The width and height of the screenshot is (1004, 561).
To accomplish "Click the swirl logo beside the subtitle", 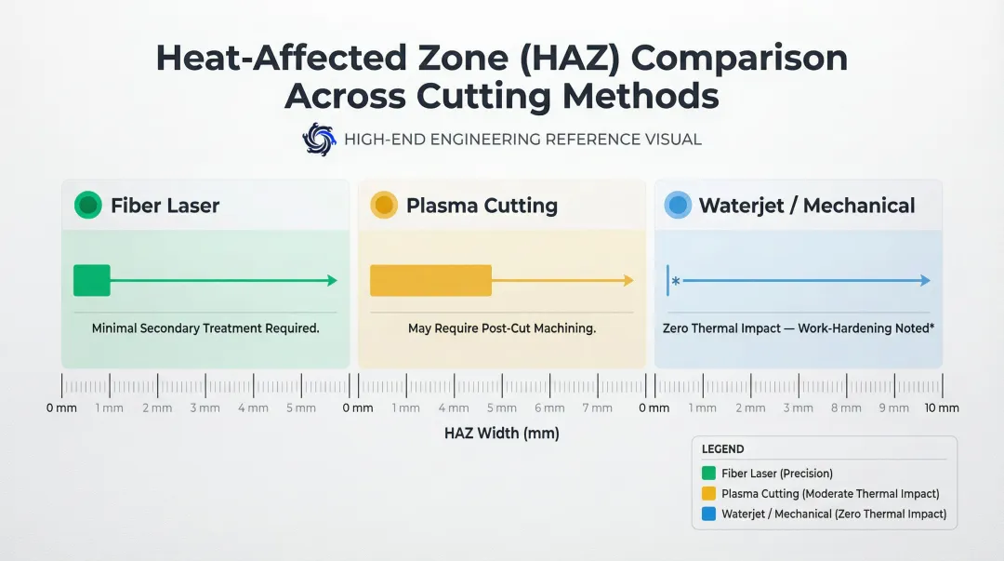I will [319, 140].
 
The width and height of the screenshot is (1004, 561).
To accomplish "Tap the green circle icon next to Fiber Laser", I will [87, 206].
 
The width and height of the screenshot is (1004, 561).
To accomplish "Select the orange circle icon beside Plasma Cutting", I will [383, 206].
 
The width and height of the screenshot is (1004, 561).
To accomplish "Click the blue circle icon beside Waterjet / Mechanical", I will [678, 206].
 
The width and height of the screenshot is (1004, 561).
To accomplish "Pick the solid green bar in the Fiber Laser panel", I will [92, 280].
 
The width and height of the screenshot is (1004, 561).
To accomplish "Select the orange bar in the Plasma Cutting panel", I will [430, 280].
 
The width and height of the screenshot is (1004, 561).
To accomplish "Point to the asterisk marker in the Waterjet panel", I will [676, 281].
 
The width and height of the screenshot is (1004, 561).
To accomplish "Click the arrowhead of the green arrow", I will [332, 280].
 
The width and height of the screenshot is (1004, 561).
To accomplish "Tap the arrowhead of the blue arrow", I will [925, 280].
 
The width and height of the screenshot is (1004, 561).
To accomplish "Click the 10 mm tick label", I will [942, 407].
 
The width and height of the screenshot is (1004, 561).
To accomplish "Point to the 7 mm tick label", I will [597, 407].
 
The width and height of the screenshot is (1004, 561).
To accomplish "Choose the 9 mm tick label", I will [893, 407].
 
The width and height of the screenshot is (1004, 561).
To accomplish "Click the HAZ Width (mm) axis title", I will [502, 434].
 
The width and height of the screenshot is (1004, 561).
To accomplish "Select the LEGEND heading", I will [722, 449].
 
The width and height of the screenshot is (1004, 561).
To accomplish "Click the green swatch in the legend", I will [708, 474].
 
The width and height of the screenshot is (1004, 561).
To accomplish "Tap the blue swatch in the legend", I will [708, 514].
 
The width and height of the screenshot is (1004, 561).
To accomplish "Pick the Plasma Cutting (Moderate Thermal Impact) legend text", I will [830, 494].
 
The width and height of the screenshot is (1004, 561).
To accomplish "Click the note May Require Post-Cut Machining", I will [502, 328].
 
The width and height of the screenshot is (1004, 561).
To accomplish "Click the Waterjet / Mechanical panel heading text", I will [807, 206].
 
